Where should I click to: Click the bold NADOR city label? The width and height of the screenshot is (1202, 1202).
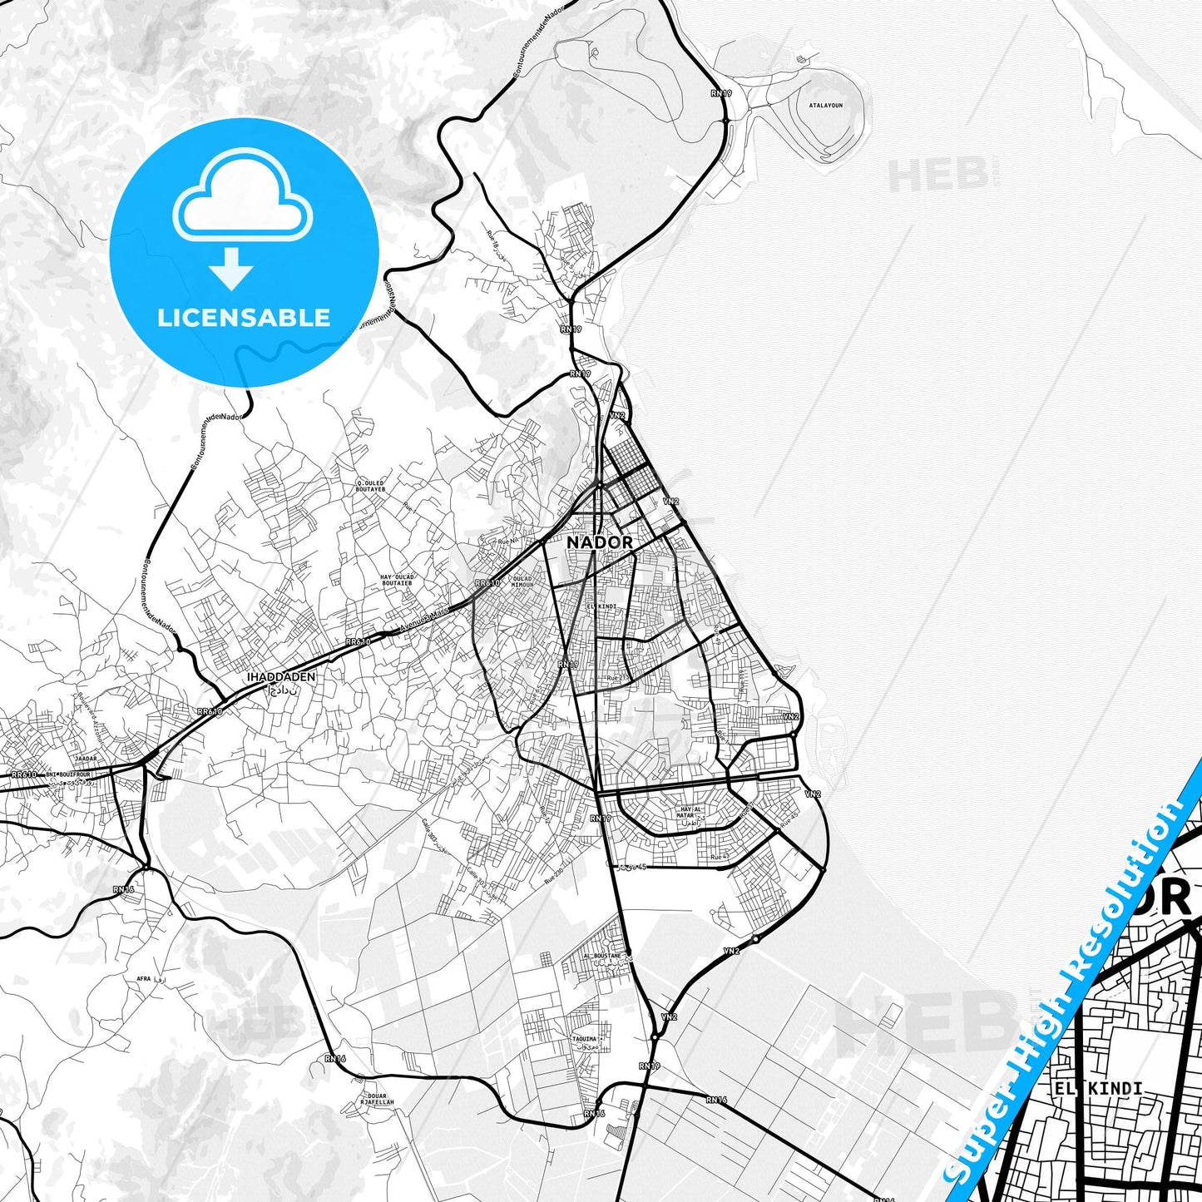coord(599,542)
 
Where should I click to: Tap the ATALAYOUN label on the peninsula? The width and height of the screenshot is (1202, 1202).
coord(825,106)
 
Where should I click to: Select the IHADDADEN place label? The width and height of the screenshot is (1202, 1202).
coord(281,677)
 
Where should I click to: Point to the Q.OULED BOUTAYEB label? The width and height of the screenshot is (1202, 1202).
coord(371,486)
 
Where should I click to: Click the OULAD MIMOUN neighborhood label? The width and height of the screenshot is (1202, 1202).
coord(522,581)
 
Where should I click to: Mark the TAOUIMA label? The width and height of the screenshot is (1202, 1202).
coord(585,1039)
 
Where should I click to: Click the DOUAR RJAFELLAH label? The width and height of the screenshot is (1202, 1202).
coord(378,1100)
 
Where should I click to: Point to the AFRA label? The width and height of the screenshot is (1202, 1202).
coord(143,979)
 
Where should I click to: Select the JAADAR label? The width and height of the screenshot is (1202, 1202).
coord(87,759)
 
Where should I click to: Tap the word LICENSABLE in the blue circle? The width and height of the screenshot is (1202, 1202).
coord(244,317)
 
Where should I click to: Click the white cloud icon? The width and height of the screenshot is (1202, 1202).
coord(242,198)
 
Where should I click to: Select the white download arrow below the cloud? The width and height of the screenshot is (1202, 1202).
coord(231,267)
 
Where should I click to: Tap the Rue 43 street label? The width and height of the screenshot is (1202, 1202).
coord(719,857)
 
